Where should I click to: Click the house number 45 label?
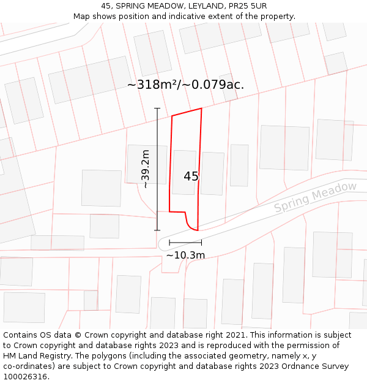click(x=191, y=176)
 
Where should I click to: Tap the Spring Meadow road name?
click(x=315, y=197)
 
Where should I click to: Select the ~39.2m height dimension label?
click(x=146, y=169)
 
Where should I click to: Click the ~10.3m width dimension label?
click(x=185, y=255)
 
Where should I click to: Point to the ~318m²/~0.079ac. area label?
click(x=185, y=85)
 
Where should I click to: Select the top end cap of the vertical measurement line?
click(x=157, y=108)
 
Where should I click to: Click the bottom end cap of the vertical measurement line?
click(x=157, y=230)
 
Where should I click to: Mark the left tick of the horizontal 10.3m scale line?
click(x=169, y=243)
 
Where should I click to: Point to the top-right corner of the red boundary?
click(x=201, y=109)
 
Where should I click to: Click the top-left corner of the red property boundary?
click(x=172, y=116)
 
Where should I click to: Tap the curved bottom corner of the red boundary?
click(x=190, y=227)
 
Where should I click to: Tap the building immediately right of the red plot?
click(x=212, y=173)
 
